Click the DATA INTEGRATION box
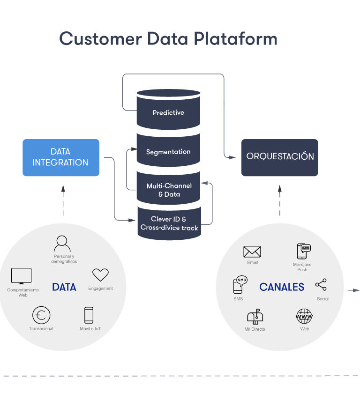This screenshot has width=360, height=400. pos(61,157)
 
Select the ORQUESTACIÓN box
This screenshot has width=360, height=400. pos(280,157)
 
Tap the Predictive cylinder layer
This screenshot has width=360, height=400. pos(168,113)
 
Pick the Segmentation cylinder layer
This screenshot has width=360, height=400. pos(168,152)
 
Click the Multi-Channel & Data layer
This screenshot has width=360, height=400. pos(169,190)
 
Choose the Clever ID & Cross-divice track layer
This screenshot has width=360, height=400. pos(169,223)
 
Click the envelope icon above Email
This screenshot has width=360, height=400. pos(252,252)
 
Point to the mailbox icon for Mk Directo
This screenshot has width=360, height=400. pos(255,317)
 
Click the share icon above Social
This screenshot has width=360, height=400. pos(321,285)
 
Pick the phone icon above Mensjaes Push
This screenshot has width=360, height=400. pos(303,252)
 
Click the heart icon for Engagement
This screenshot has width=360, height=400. pos(100,275)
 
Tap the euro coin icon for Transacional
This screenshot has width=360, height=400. pos(41,315)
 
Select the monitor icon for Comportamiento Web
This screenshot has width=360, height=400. pos(21,276)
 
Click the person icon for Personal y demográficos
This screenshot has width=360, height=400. pos(62,244)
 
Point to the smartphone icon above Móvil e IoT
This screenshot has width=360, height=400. pos(89,315)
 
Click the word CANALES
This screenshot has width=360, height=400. pos(282,287)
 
